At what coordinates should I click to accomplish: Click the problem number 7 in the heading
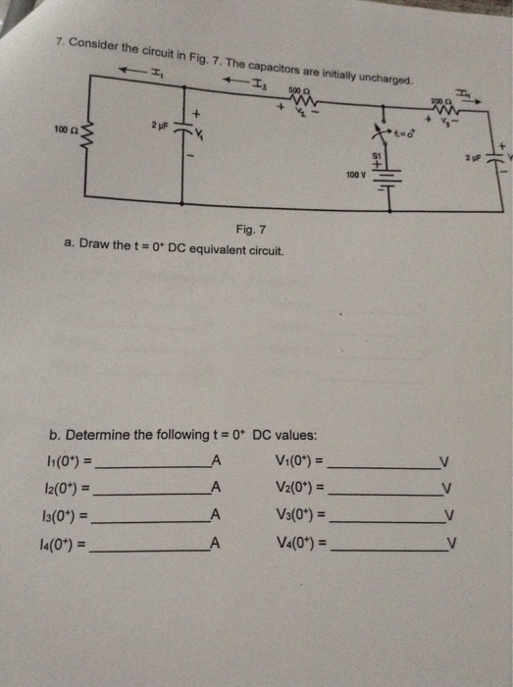[x=60, y=43]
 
